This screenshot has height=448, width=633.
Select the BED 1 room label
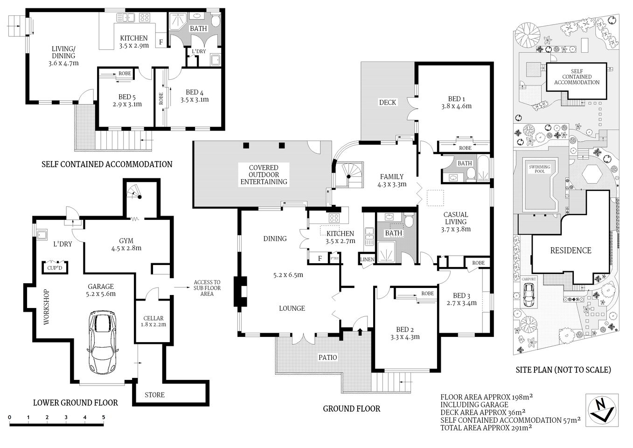[x=456, y=99]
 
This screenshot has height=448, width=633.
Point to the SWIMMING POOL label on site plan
[x=539, y=168]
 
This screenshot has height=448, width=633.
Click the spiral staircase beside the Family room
[x=349, y=174]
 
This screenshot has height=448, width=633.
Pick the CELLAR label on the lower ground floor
[x=153, y=319]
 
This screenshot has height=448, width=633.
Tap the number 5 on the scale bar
[x=104, y=417]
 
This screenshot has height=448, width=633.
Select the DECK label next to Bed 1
[x=387, y=102]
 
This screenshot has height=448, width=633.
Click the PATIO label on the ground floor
[x=327, y=357]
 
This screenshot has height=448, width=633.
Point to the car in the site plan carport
[x=529, y=294]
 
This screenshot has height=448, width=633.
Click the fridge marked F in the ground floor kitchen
[x=320, y=258]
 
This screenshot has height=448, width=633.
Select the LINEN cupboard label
[x=366, y=259]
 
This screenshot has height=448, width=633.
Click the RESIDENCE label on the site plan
[x=570, y=251]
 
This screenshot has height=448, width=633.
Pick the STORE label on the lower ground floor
[x=154, y=395]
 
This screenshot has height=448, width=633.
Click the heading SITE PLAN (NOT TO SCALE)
[x=563, y=370]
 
